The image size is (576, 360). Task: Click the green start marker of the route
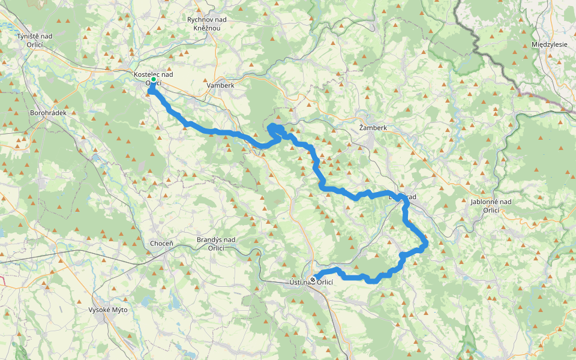pyautogui.click(x=153, y=79)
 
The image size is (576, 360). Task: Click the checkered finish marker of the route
pyautogui.click(x=313, y=279)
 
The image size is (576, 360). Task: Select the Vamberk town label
pyautogui.click(x=220, y=86)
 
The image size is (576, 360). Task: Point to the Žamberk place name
pyautogui.click(x=373, y=128)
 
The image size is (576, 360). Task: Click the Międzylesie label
pyautogui.click(x=550, y=45)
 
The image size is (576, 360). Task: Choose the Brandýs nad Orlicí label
pyautogui.click(x=216, y=244)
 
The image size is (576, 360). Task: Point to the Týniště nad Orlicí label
pyautogui.click(x=35, y=40)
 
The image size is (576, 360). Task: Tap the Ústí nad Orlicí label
pyautogui.click(x=311, y=283)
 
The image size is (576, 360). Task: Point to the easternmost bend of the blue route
pyautogui.click(x=425, y=243)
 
